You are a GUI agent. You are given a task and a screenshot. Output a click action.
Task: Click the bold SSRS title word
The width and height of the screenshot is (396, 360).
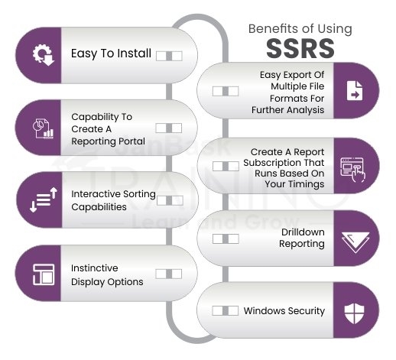click(x=300, y=48)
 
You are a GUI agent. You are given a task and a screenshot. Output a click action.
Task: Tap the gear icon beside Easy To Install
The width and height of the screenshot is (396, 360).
click(x=43, y=55)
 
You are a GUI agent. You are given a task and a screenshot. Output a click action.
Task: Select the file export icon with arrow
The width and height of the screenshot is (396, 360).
click(x=355, y=91)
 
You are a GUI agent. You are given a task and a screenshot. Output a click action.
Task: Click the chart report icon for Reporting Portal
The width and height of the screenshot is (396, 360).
click(x=43, y=128)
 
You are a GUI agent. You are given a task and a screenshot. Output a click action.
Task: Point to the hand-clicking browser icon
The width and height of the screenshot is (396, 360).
click(x=353, y=170)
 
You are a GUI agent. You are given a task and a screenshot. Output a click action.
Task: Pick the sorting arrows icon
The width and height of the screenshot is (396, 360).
click(x=44, y=199)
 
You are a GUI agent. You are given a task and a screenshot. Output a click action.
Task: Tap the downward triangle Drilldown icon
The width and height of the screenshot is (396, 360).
click(x=355, y=242)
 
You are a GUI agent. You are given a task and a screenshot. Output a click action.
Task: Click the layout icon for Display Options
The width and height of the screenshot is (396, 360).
click(x=44, y=274)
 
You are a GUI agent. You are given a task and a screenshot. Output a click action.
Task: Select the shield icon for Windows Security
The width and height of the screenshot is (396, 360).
click(x=354, y=313)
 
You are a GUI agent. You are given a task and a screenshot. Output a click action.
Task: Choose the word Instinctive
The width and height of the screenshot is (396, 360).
click(x=95, y=268)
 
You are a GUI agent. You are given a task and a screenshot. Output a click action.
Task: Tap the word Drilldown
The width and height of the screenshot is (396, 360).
click(x=303, y=232)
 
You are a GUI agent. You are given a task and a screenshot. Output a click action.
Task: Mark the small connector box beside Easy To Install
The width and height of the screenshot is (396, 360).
click(x=169, y=56)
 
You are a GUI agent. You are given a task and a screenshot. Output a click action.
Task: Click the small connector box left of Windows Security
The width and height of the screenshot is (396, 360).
click(x=226, y=310)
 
